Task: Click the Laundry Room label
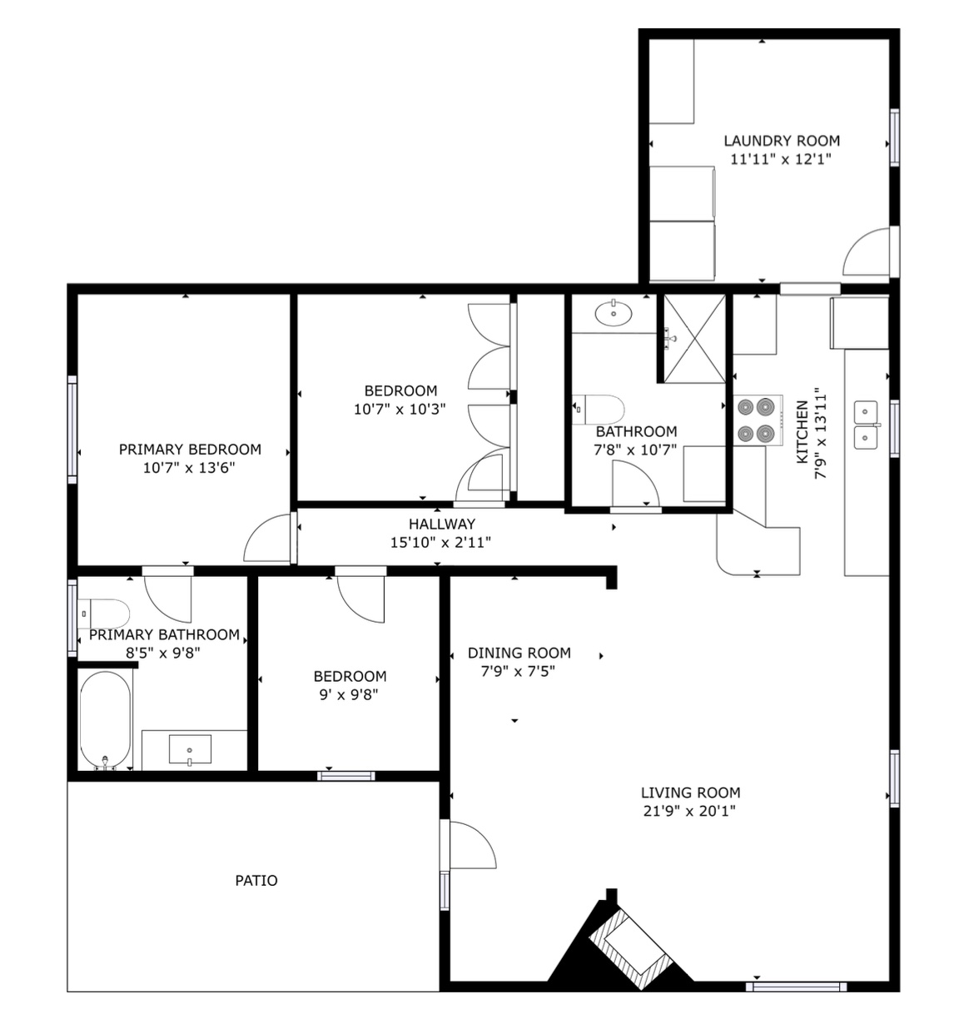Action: pos(781,141)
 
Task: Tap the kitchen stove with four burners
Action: pos(756,420)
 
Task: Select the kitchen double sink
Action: pos(867,425)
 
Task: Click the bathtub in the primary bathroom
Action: pos(105,720)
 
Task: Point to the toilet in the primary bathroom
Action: pos(106,614)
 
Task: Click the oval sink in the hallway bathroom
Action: pos(614,313)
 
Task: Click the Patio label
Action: pos(256,880)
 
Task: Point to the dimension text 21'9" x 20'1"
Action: pos(690,812)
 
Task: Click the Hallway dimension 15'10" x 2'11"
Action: pos(440,543)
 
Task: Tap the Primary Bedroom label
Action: pos(190,450)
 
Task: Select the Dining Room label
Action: pos(519,653)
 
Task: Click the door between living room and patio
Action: pos(470,845)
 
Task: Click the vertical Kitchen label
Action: pos(802,431)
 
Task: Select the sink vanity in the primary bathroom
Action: pos(191,748)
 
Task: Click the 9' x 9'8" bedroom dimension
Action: pos(349,694)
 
